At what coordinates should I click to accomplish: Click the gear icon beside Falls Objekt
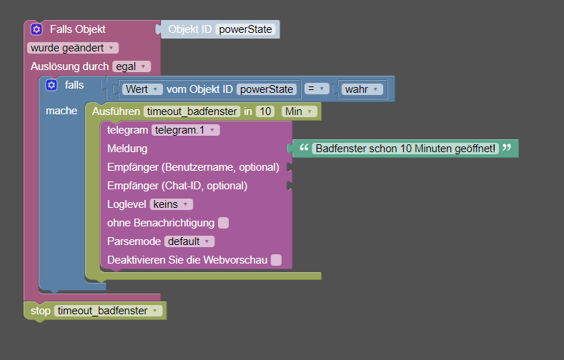click(x=36, y=29)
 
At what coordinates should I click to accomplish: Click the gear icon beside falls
click(x=51, y=85)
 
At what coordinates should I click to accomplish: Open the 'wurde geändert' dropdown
click(x=73, y=48)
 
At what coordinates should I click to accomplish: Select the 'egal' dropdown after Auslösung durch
click(x=132, y=66)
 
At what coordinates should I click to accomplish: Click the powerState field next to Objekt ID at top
click(x=245, y=29)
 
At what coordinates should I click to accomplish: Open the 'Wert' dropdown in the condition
click(x=142, y=89)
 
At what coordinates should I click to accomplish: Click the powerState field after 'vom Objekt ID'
click(x=267, y=89)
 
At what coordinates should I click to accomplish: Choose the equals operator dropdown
click(x=317, y=89)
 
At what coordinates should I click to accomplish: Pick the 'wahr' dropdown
click(x=362, y=89)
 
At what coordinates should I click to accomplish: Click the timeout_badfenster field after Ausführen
click(x=192, y=111)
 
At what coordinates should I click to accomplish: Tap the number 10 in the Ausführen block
click(x=265, y=111)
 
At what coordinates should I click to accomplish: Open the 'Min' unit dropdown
click(x=300, y=111)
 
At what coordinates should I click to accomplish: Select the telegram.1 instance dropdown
click(x=185, y=130)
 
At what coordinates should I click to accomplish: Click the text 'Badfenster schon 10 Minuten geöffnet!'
click(x=405, y=149)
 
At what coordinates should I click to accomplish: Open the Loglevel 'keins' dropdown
click(x=172, y=204)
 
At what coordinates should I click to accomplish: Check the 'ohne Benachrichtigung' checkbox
click(x=223, y=223)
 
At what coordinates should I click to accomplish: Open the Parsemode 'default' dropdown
click(x=189, y=241)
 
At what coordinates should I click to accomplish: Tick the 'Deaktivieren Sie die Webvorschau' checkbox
click(x=276, y=260)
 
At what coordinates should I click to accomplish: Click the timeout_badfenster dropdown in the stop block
click(x=108, y=311)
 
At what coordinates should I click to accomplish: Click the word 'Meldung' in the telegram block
click(x=127, y=149)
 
